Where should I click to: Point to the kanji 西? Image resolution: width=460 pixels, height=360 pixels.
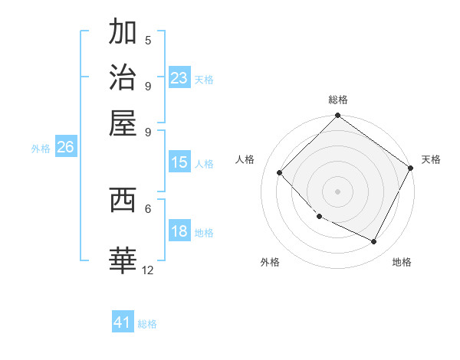point(123,199)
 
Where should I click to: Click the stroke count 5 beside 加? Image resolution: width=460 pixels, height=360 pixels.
point(148,40)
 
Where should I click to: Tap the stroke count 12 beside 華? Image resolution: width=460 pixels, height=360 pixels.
point(148,270)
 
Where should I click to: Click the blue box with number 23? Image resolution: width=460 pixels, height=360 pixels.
point(179,77)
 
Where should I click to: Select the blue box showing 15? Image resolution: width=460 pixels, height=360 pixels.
point(179,162)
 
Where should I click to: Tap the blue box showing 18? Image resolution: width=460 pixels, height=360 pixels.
point(179,231)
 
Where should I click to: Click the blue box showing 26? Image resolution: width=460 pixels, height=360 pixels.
point(65,148)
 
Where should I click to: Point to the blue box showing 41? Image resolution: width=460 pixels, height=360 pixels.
point(123,322)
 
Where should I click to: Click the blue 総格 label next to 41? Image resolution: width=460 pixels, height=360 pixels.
point(147,324)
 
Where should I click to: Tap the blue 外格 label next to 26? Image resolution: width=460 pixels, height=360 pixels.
point(41,149)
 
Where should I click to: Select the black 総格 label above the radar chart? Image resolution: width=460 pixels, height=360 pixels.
point(337,100)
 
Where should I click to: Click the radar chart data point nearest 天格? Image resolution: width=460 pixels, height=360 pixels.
point(410,168)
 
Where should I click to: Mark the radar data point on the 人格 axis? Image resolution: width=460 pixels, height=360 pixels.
point(280,173)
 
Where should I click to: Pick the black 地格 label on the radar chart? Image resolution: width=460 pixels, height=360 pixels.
point(402,262)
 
